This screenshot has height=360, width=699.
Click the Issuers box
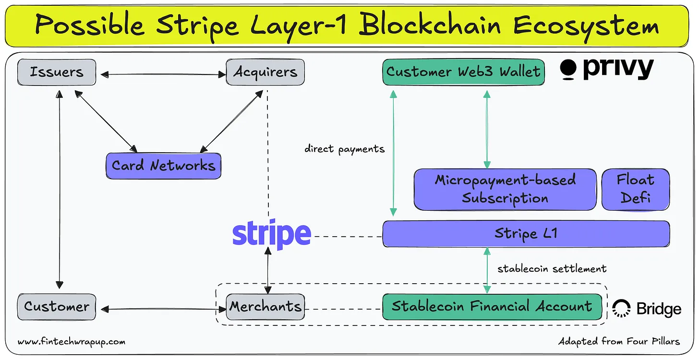57,72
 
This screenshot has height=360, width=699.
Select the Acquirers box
265,72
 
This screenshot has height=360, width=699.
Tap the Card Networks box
163,166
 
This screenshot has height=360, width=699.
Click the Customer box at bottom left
57,307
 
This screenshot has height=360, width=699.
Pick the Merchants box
265,307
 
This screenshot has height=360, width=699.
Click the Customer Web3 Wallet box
463,72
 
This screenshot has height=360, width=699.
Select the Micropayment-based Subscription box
505,189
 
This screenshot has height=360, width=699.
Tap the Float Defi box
635,189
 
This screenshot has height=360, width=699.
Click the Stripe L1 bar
526,234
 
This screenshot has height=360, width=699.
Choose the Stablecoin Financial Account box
492,307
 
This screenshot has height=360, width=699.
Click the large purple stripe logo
272,235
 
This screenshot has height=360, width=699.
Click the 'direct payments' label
344,149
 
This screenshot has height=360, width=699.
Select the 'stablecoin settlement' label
552,268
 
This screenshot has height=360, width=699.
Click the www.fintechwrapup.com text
72,342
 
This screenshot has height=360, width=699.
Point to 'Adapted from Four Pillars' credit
619,342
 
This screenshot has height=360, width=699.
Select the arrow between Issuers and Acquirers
161,74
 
